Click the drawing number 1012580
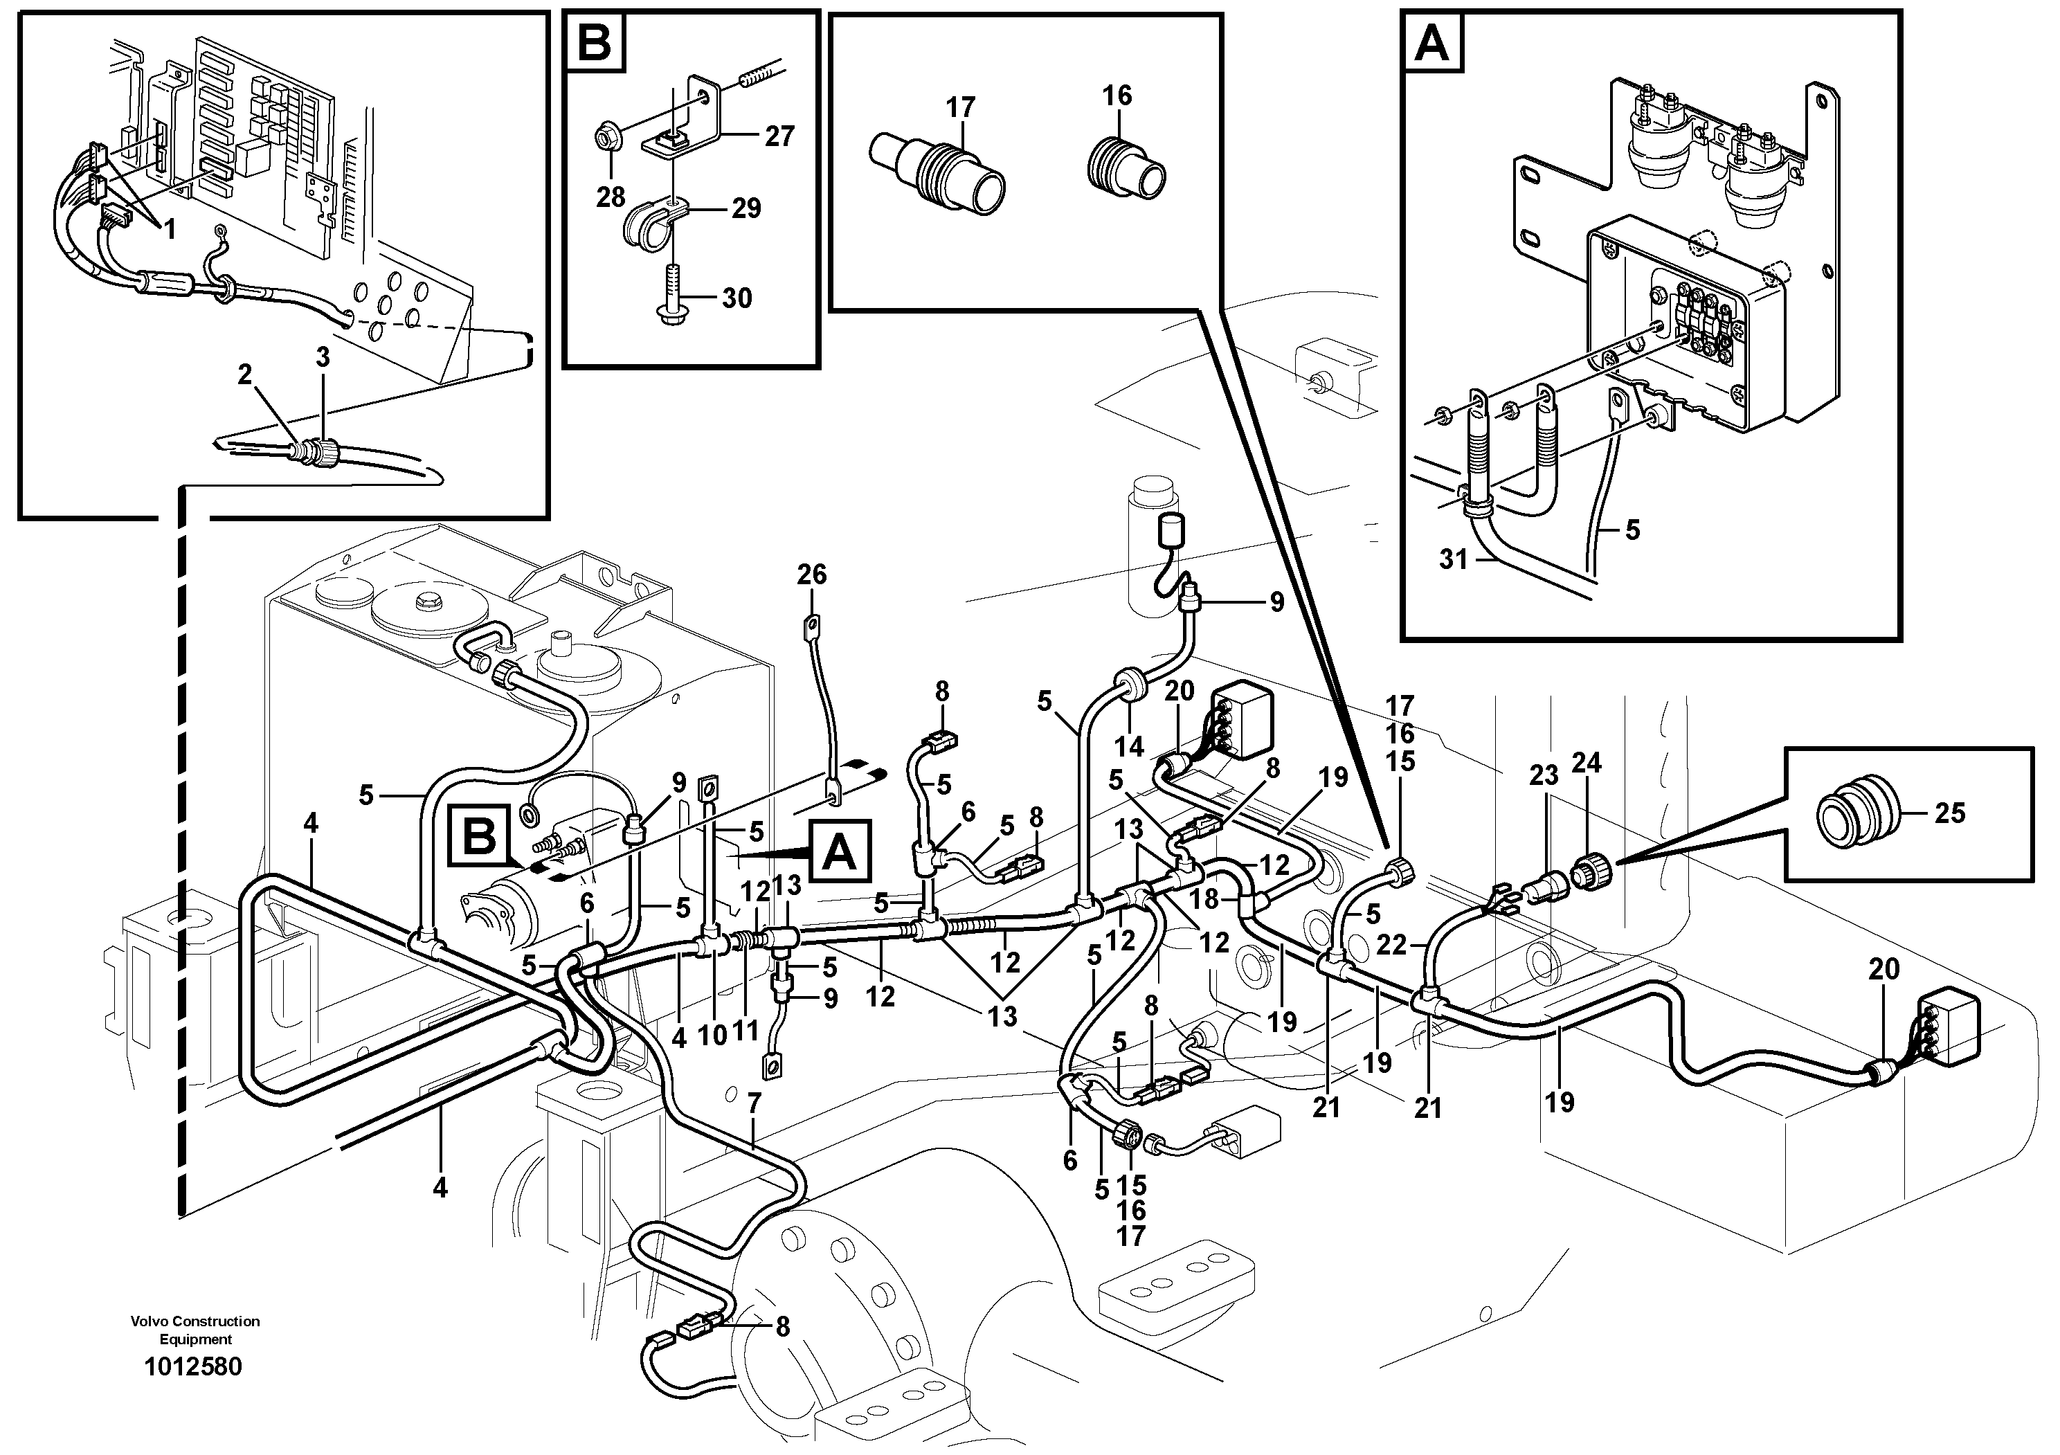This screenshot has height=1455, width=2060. (x=193, y=1367)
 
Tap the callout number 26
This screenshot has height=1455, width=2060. (x=811, y=574)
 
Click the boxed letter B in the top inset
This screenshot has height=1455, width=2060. (x=594, y=42)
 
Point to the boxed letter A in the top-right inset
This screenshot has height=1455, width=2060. (x=1431, y=42)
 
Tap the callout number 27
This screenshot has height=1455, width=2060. (x=779, y=136)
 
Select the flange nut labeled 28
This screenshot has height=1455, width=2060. (x=606, y=139)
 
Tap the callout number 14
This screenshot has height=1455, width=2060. (x=1130, y=746)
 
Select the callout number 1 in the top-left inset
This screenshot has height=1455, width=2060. (x=170, y=230)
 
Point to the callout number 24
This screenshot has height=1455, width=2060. (x=1587, y=763)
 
